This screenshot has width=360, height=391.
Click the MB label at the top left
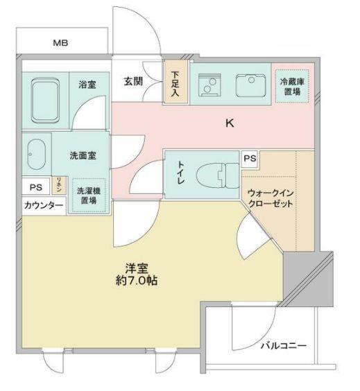click(x=61, y=43)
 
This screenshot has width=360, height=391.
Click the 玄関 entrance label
click(x=133, y=81)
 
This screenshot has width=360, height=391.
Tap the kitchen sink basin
click(x=249, y=86)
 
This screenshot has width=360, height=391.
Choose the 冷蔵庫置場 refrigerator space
click(x=291, y=87)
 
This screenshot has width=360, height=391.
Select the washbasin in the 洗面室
click(x=36, y=154)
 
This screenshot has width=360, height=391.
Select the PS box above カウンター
click(x=35, y=187)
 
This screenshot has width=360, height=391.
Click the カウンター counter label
click(x=43, y=206)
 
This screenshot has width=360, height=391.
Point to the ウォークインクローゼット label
click(x=271, y=199)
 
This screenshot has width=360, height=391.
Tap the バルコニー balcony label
click(x=284, y=345)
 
